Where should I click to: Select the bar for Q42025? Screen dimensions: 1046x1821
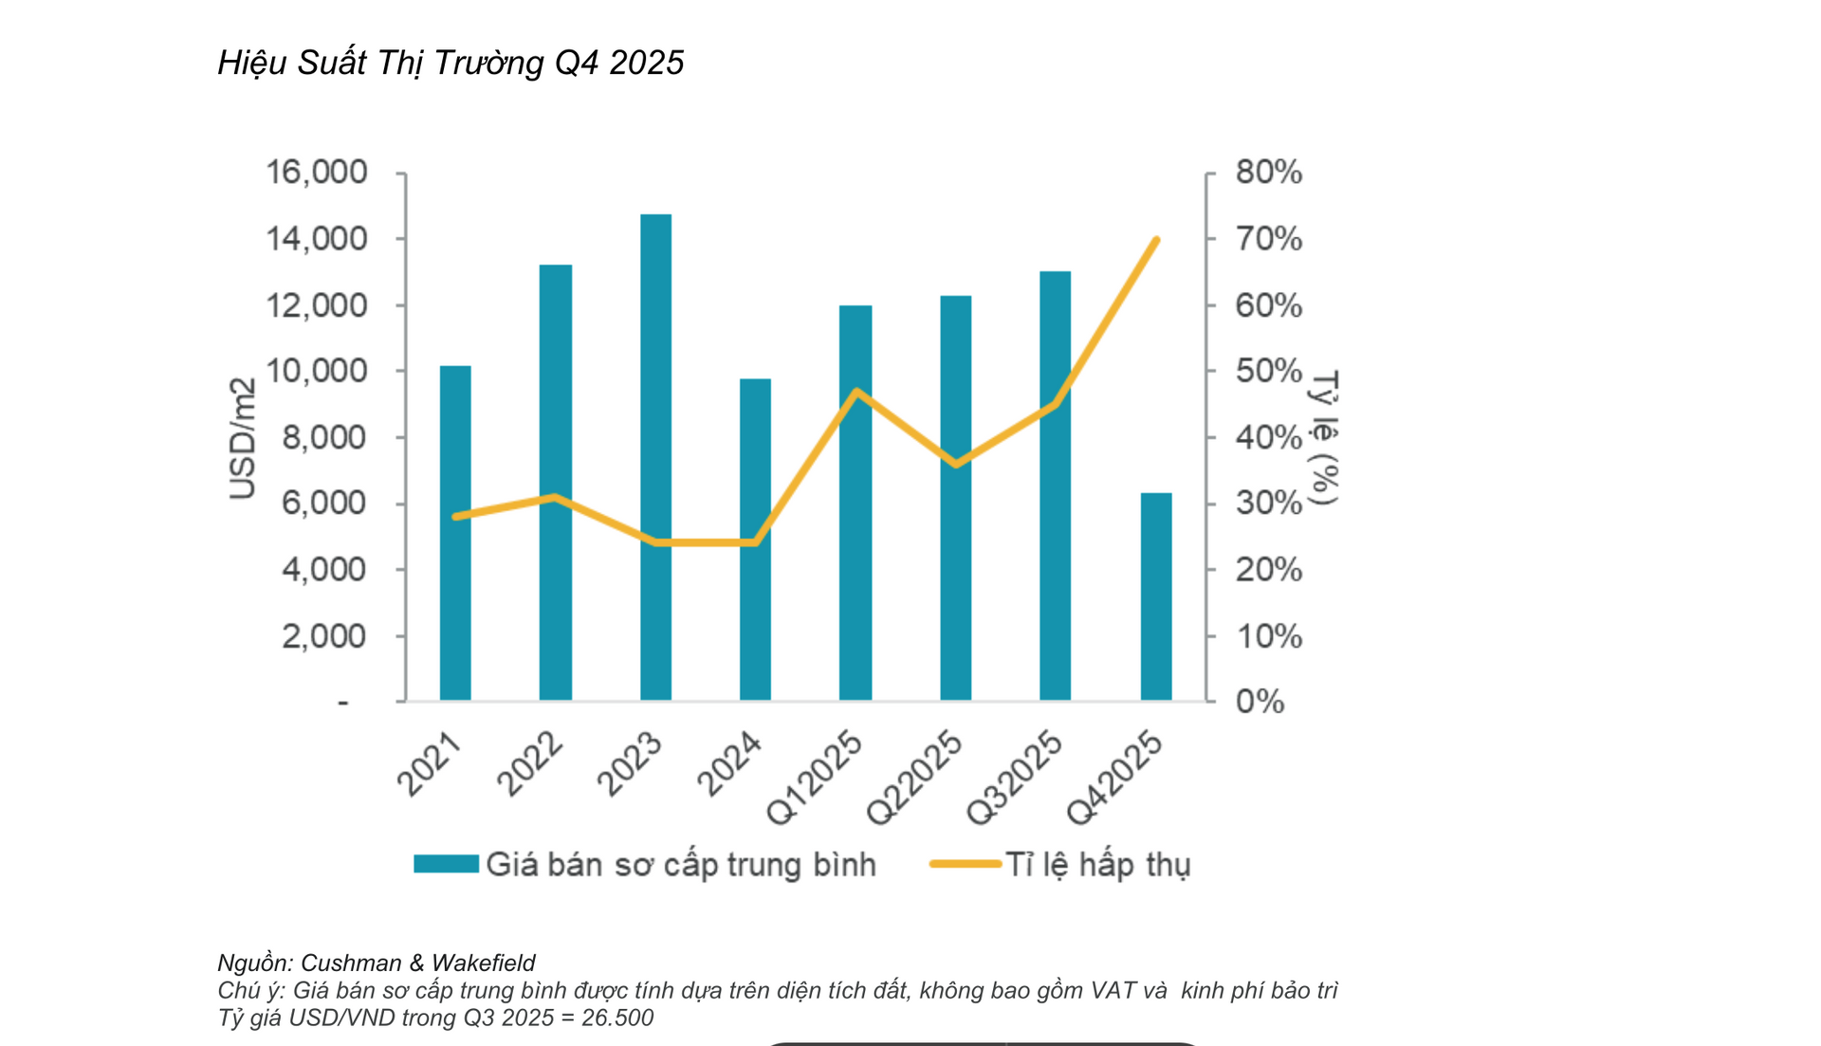(1156, 596)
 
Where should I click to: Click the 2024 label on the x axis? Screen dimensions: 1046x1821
(729, 763)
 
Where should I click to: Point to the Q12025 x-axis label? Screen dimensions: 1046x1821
(815, 778)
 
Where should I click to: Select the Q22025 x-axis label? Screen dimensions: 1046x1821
(914, 778)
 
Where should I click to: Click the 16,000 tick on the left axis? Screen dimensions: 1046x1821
(316, 173)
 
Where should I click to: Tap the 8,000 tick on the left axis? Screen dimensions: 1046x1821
(323, 437)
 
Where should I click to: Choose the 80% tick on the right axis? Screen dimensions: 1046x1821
(1268, 173)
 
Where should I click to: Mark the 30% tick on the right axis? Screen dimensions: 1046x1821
(1268, 503)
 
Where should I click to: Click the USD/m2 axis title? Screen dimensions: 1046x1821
(243, 438)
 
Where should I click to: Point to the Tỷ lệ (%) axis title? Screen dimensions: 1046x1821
(1324, 438)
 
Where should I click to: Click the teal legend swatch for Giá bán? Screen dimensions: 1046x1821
(446, 864)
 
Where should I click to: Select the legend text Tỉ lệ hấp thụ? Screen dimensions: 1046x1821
(1097, 865)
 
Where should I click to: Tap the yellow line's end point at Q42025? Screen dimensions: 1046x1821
(1156, 240)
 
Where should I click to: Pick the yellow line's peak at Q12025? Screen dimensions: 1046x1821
(857, 391)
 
